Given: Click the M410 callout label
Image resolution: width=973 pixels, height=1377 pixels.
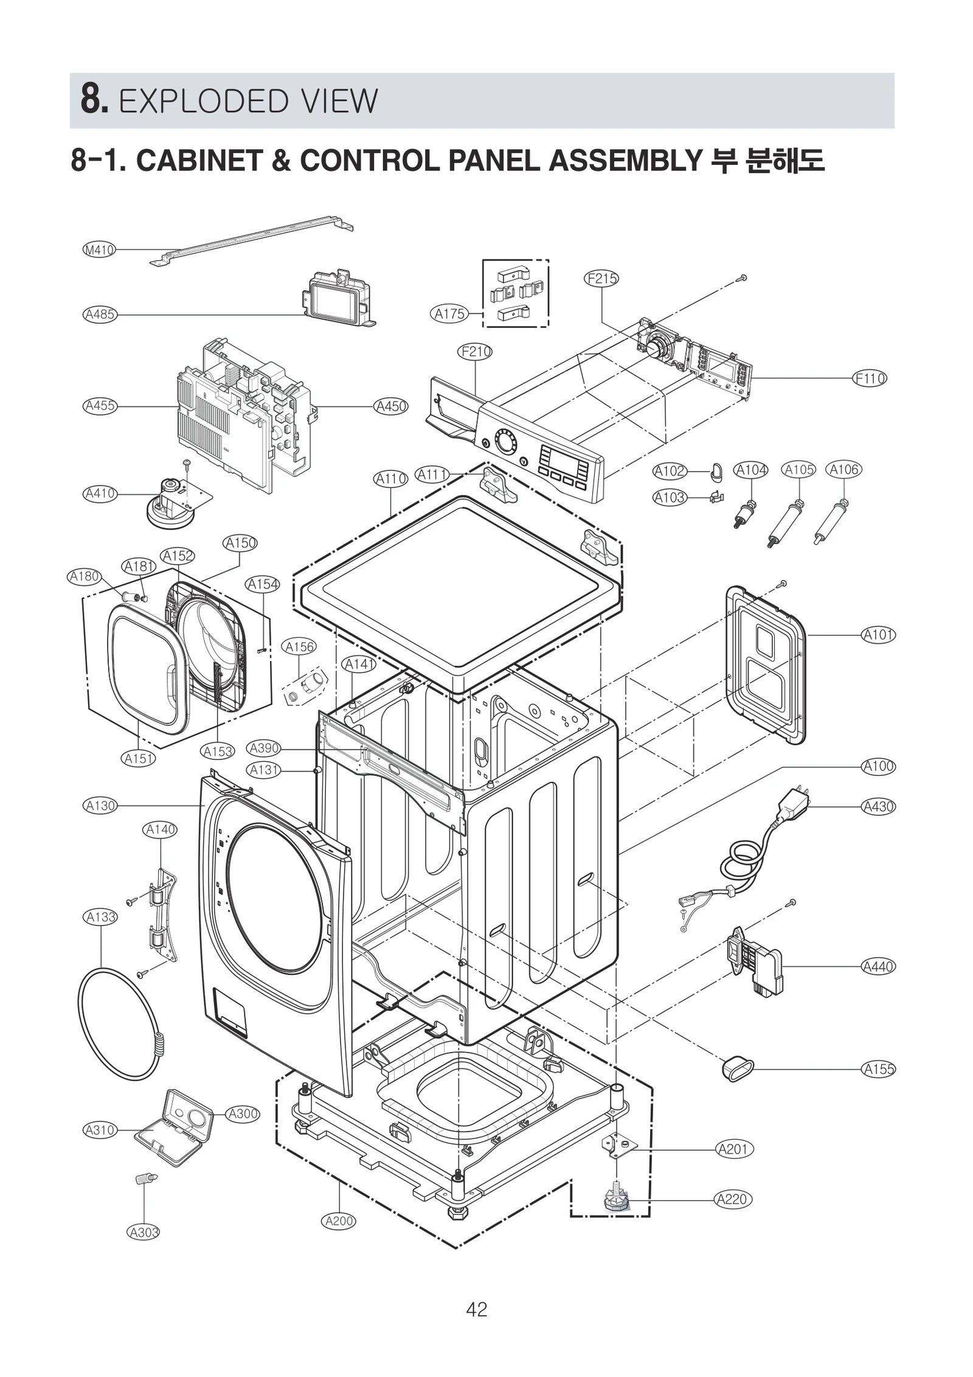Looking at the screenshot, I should pos(99,249).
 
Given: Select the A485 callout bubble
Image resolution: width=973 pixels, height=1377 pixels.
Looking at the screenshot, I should pos(100,315).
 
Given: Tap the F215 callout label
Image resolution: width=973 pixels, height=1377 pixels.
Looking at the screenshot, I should pos(601,279).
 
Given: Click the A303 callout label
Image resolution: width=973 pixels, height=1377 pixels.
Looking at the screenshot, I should pos(143,1232).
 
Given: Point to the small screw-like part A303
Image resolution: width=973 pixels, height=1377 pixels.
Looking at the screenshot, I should pos(145,1179).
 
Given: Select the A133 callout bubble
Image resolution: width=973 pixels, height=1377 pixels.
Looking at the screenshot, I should pos(100,916).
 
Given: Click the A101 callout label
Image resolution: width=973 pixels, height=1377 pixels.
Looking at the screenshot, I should pos(878,635).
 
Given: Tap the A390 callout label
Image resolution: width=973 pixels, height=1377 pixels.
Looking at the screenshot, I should pos(263,748).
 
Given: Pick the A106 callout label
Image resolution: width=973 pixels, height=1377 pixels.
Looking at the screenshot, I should pos(843,470).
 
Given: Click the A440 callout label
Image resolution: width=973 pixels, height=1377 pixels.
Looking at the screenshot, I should pos(878,966).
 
